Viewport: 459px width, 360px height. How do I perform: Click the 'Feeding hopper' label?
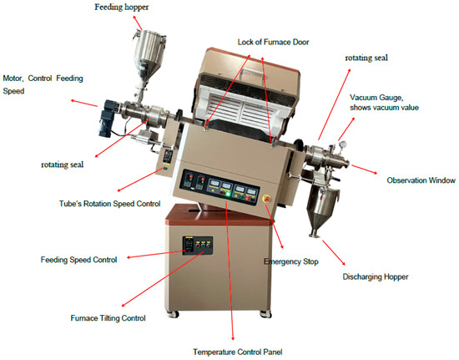point(122,7)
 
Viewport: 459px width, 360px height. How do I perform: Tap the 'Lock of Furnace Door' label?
point(273,42)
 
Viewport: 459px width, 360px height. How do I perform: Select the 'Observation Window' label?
point(421,180)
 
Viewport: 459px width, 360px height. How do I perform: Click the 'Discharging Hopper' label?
point(376,276)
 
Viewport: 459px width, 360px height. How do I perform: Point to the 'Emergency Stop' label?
point(291,261)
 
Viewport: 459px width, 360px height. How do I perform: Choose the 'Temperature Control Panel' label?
point(237,352)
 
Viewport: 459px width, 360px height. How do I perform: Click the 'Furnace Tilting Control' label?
point(108,318)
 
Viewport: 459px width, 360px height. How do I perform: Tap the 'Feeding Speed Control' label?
point(78,260)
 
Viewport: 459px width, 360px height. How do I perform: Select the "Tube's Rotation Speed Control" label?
point(110,204)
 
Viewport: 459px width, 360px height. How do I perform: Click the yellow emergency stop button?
point(267,199)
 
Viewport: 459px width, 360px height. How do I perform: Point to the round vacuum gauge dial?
point(342,145)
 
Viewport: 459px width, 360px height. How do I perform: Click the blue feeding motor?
point(107,119)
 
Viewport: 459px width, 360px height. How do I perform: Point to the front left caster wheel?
point(173,314)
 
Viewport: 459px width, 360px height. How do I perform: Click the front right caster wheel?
point(265,314)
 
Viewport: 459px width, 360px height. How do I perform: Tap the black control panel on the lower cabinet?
point(198,246)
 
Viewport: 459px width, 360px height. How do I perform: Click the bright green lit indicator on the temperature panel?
point(228,195)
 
